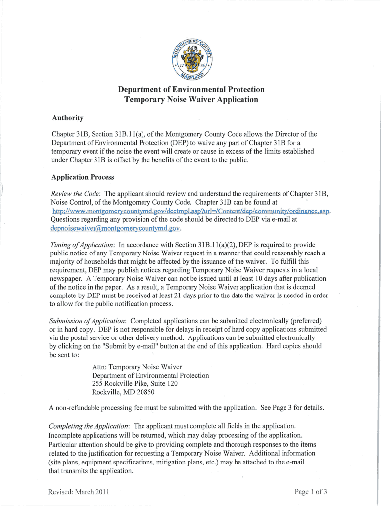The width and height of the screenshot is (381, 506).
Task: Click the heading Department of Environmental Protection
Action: point(191,89)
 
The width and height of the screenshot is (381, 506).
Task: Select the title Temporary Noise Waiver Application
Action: point(191,99)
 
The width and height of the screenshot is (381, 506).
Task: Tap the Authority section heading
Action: point(68,118)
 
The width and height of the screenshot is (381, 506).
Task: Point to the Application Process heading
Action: point(83,177)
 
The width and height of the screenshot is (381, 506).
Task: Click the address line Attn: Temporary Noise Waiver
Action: point(137,367)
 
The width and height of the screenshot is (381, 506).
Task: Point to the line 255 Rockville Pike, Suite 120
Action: point(135,383)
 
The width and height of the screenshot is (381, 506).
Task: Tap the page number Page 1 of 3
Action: point(311,492)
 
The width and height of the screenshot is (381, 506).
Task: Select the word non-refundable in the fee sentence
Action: point(79,408)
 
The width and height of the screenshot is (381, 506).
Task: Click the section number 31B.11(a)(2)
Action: point(211,245)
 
